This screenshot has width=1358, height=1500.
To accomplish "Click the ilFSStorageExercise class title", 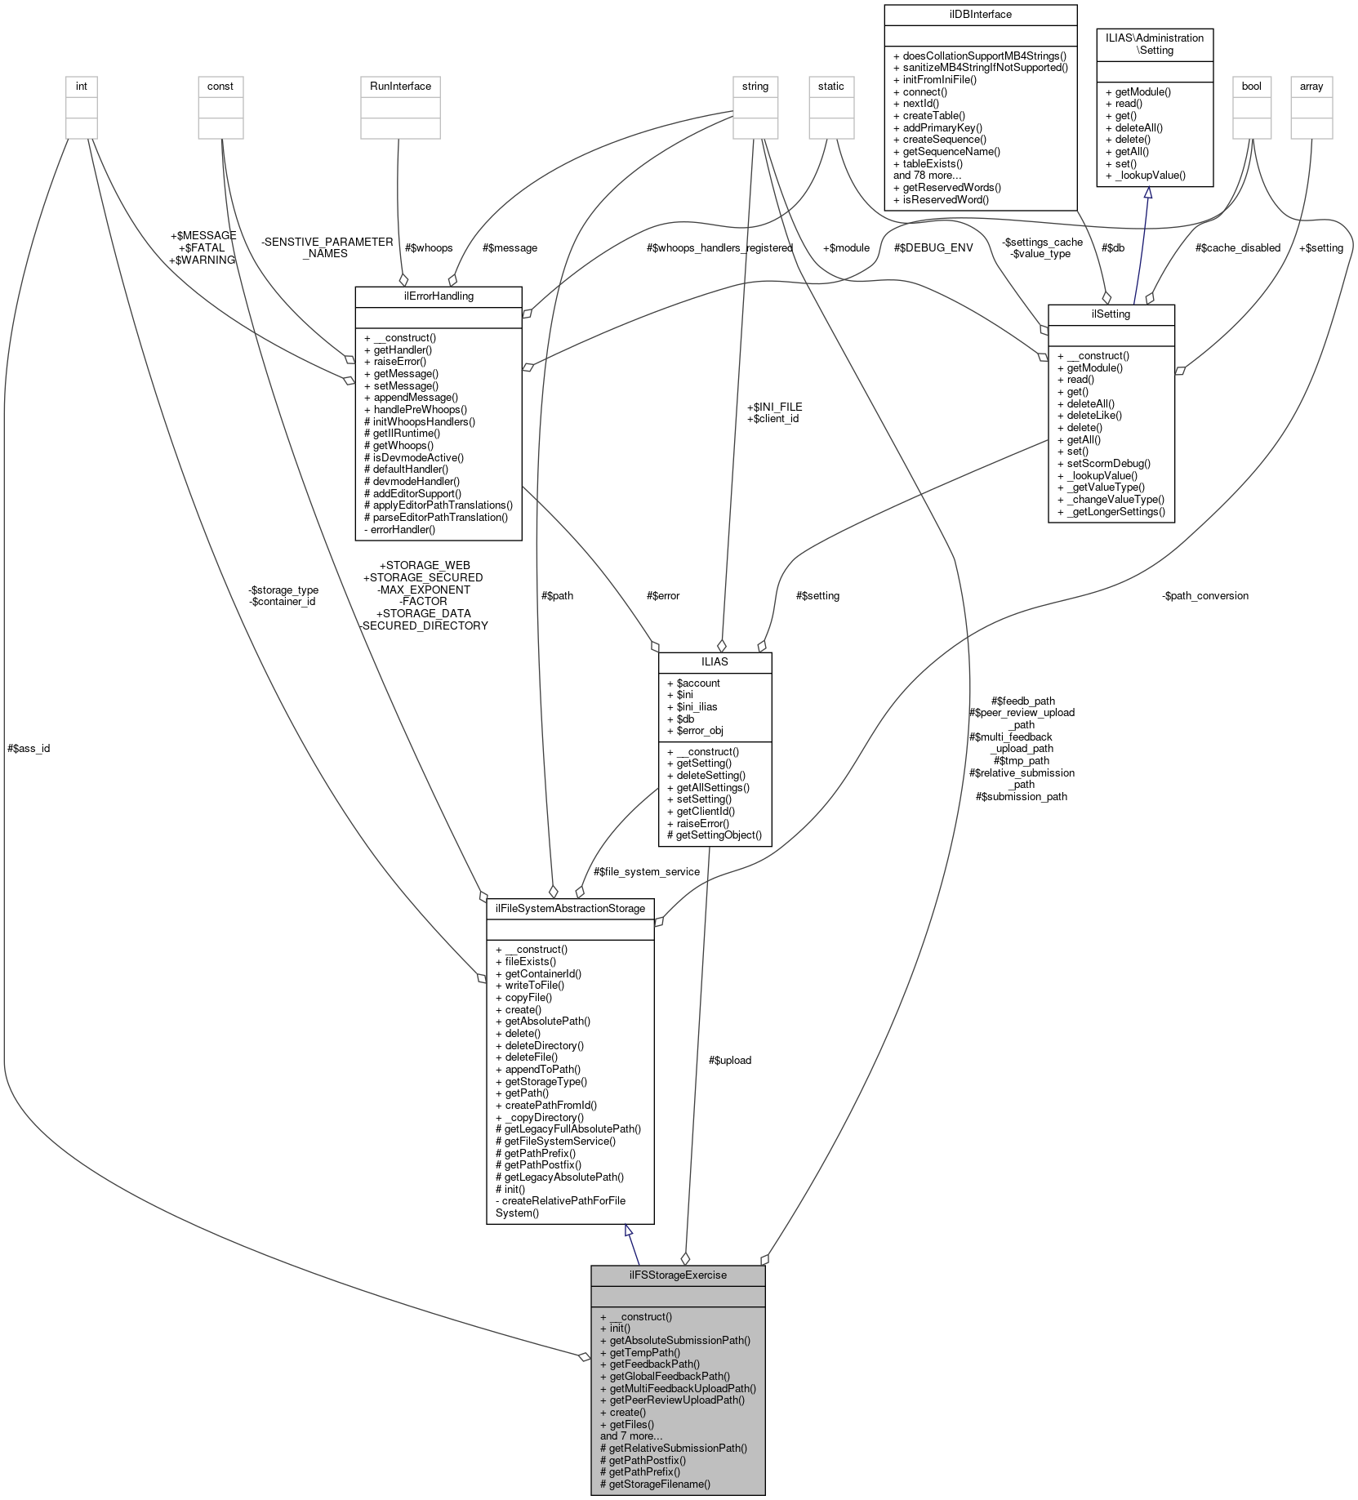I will [x=677, y=1275].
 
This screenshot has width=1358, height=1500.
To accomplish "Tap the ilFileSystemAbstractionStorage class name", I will [x=569, y=908].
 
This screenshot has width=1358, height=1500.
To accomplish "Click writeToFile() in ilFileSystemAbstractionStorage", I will [x=534, y=985].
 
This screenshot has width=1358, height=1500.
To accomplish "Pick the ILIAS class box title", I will [x=715, y=661].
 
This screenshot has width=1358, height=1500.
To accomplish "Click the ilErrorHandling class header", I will [x=439, y=296].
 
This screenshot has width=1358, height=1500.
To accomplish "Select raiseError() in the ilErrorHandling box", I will [x=399, y=361].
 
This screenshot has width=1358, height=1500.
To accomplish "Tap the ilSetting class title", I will [x=1111, y=314].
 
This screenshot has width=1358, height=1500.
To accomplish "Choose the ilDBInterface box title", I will [x=980, y=14].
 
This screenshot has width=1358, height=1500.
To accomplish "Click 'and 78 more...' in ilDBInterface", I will [x=928, y=175].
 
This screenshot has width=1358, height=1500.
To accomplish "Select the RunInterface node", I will [x=400, y=86].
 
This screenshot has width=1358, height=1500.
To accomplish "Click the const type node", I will [x=220, y=86].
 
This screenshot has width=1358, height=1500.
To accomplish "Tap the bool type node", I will [x=1251, y=86].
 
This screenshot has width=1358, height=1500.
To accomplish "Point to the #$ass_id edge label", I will [x=29, y=748].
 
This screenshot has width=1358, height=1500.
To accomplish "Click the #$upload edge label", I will [x=730, y=1060].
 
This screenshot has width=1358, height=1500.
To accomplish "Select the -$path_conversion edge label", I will [x=1204, y=595].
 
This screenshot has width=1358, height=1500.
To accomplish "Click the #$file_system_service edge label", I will [x=646, y=871].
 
